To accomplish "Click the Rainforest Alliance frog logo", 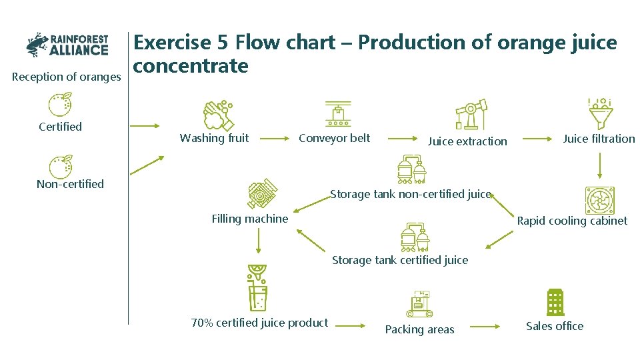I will point(38,45).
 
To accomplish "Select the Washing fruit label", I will point(214,138).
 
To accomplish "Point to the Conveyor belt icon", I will point(337,114).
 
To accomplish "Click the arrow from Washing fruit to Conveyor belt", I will point(272,139).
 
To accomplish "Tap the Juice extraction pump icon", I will point(471,115).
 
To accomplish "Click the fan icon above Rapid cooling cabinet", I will point(599,199).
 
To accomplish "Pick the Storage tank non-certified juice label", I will point(411,194).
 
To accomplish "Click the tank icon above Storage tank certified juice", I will point(414,236).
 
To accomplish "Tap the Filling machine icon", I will point(262,193).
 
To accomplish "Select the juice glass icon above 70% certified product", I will point(257,287).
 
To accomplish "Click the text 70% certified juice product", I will point(259,323).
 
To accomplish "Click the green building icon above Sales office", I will point(555,302).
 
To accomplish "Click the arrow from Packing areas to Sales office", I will point(484,326).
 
